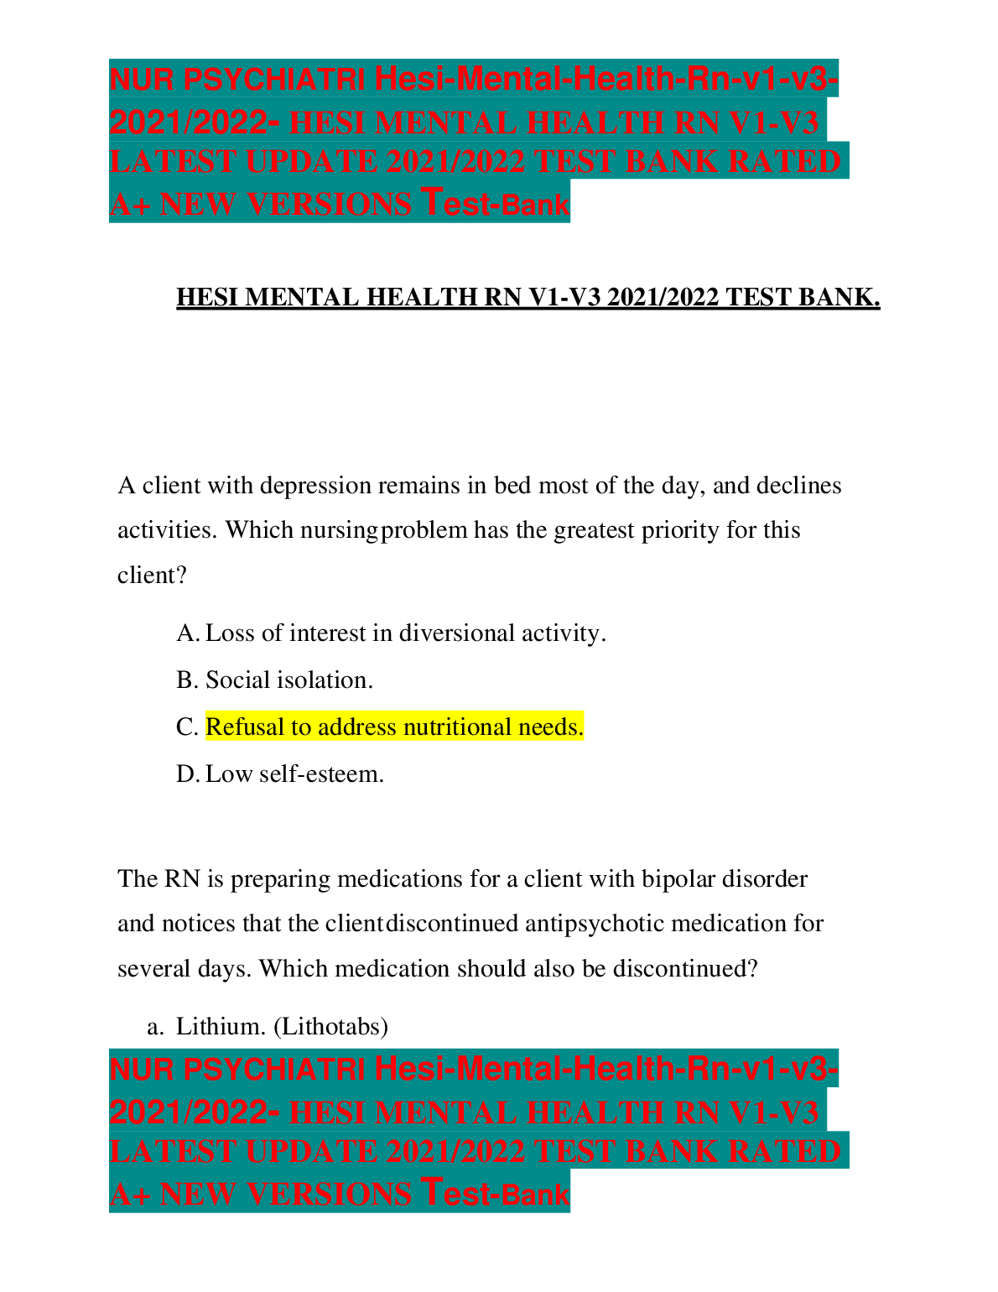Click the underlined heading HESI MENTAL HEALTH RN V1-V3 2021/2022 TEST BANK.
click(528, 298)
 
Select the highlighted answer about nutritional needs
click(394, 727)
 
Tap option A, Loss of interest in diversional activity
click(405, 633)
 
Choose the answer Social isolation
click(289, 680)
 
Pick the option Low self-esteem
click(294, 774)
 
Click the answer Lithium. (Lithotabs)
click(282, 1026)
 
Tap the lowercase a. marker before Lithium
click(153, 1026)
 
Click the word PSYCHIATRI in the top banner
click(274, 80)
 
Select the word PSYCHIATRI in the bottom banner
click(274, 1070)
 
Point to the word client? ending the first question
click(152, 576)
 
